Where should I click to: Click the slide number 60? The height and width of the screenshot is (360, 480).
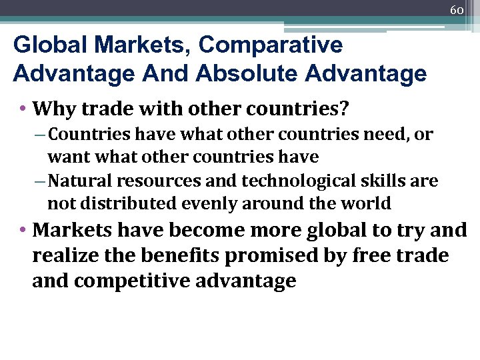(457, 10)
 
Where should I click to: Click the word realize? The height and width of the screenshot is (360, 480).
(67, 257)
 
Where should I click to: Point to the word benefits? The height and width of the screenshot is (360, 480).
(183, 257)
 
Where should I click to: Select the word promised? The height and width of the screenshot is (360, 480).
(293, 257)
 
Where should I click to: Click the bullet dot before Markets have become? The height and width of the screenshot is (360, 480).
(23, 231)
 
